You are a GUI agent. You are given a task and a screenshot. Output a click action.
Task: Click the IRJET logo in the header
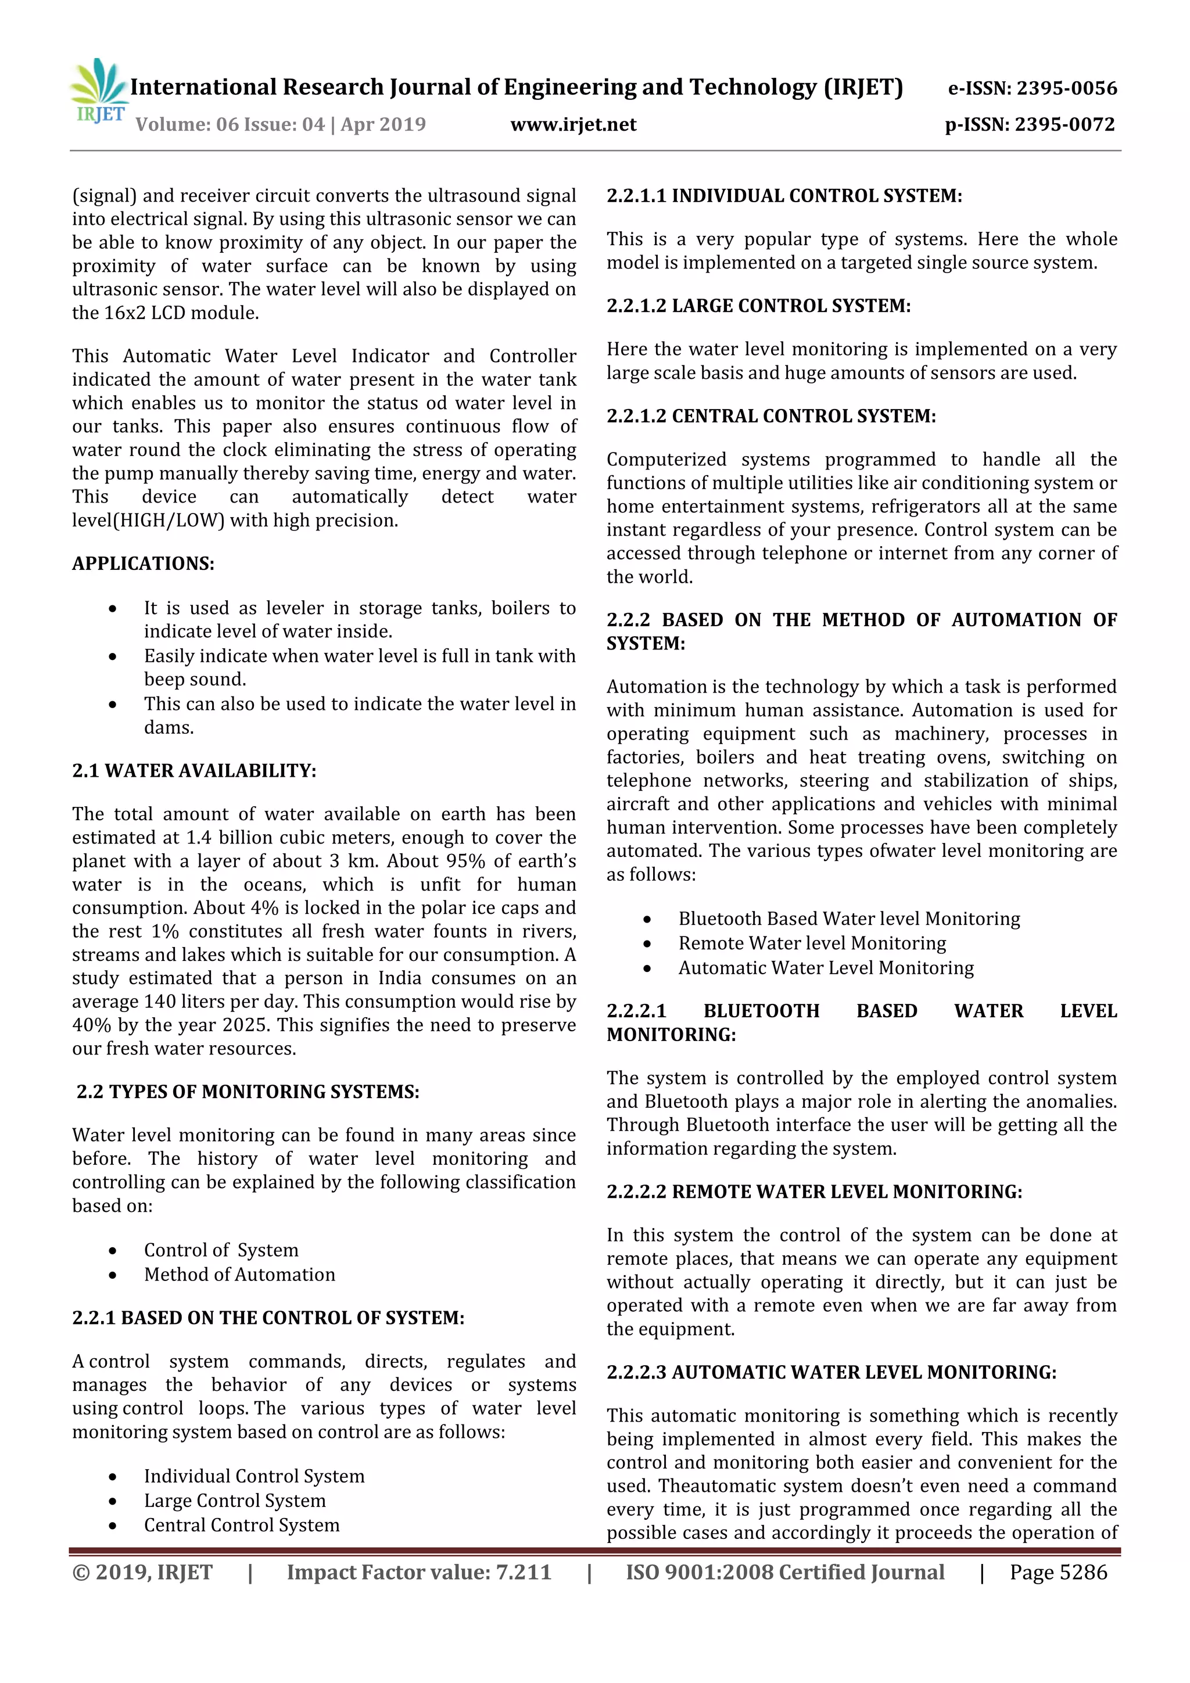click(x=99, y=92)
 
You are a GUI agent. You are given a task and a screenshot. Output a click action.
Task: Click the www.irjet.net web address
click(x=574, y=124)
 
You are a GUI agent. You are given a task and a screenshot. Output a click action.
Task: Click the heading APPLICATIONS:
click(x=143, y=564)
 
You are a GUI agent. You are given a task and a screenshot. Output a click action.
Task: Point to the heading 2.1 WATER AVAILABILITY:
click(x=194, y=770)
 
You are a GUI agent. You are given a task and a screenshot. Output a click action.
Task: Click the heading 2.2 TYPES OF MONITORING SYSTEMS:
click(x=248, y=1092)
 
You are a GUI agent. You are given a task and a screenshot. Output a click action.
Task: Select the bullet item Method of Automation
click(x=239, y=1275)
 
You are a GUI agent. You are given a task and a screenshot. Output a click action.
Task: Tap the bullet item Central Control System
click(x=241, y=1526)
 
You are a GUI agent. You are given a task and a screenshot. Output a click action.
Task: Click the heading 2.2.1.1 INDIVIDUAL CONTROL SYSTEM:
click(x=784, y=196)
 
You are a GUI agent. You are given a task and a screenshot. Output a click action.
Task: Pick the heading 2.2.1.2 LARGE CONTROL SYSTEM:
click(x=758, y=306)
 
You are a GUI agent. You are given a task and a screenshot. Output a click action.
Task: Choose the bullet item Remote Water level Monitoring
click(x=812, y=943)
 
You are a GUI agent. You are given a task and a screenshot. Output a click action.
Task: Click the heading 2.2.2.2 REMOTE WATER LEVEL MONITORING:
click(x=814, y=1192)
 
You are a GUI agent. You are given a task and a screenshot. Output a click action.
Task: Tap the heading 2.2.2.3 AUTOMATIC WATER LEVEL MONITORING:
click(x=831, y=1372)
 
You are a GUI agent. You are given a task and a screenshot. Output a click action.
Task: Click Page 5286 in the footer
click(x=1058, y=1572)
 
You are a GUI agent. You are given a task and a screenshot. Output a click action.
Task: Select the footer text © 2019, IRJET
click(x=142, y=1572)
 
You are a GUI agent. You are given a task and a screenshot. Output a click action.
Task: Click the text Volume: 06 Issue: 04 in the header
click(x=230, y=124)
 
